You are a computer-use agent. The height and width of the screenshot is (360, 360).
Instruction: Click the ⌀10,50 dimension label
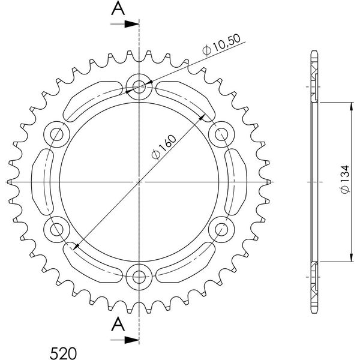coord(221,44)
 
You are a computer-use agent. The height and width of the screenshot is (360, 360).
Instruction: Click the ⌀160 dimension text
coord(164,147)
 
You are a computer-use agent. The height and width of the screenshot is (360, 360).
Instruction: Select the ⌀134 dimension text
coord(344,179)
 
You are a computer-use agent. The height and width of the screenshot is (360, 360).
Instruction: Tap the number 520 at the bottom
coord(63,353)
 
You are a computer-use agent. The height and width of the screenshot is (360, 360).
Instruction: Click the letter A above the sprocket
coord(118,8)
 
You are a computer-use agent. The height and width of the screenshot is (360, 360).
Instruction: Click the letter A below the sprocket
coord(118,324)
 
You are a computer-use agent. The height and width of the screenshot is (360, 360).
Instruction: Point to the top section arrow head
coord(132,24)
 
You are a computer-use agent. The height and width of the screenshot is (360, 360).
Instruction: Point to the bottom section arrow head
coord(132,340)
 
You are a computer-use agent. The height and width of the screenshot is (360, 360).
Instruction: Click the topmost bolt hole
coord(139,87)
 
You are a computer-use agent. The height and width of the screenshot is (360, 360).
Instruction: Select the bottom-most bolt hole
coord(139,277)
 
